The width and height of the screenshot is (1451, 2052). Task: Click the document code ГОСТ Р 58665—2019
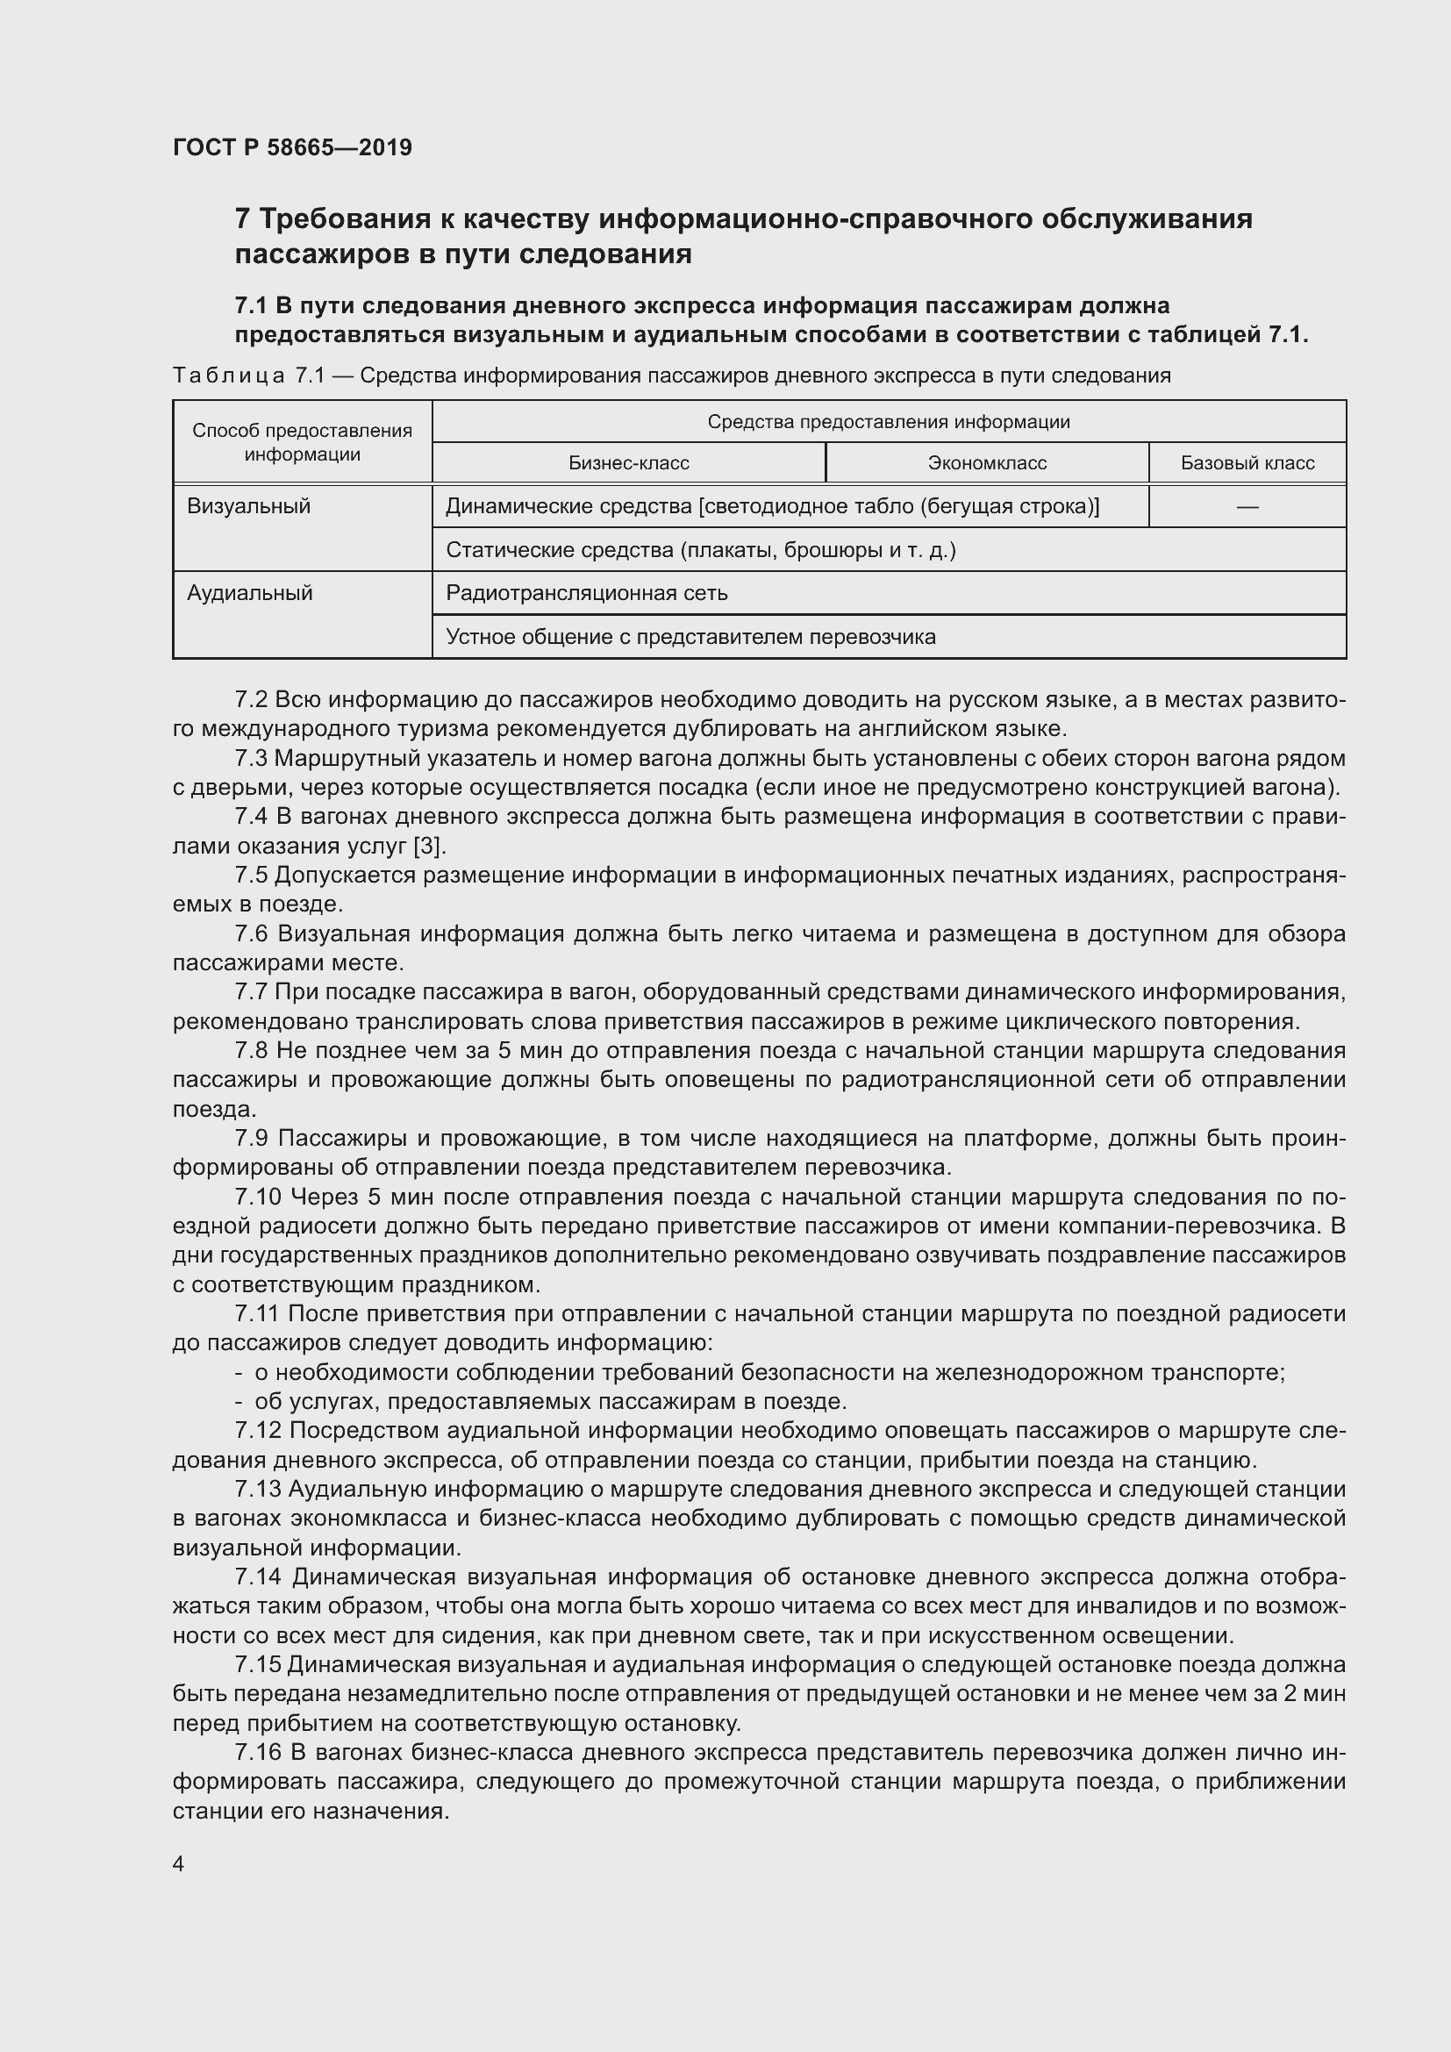point(292,147)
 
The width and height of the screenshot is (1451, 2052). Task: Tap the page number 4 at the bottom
point(179,1863)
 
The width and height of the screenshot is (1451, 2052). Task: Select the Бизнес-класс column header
point(628,463)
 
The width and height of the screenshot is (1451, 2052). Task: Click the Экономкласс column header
point(986,463)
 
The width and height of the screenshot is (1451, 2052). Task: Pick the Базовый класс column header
point(1247,463)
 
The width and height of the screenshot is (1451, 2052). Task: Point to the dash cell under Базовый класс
point(1247,507)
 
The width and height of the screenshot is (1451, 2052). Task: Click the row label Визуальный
point(248,507)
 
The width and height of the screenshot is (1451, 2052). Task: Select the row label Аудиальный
point(249,593)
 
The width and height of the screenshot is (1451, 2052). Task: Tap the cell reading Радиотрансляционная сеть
point(586,593)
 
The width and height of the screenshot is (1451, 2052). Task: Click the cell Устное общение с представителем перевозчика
point(690,637)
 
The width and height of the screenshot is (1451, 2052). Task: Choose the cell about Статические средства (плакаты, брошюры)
point(699,551)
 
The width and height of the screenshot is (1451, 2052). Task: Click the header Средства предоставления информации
point(888,422)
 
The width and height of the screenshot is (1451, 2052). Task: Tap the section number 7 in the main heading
point(242,219)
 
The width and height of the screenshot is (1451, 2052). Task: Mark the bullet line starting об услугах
point(549,1401)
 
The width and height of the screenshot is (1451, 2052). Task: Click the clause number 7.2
point(251,700)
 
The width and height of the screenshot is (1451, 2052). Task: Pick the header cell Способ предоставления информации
point(302,442)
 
